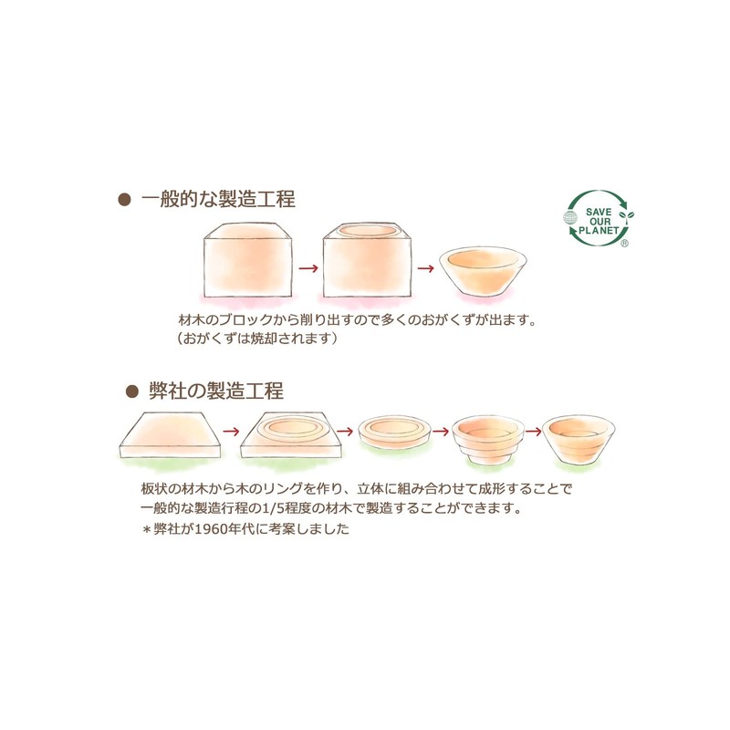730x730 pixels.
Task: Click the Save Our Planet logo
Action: [x=599, y=220]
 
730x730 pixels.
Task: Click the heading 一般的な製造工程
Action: [x=218, y=199]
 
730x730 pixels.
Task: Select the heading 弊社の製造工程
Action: [x=216, y=391]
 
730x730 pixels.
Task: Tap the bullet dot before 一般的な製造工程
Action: [x=125, y=200]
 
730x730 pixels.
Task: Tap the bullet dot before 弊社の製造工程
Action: [x=130, y=391]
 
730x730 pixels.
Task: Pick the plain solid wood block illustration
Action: [x=249, y=262]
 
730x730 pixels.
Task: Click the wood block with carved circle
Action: [x=368, y=262]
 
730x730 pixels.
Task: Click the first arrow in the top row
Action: [x=308, y=268]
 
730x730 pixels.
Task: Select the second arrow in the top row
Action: [x=424, y=268]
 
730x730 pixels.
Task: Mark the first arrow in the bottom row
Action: [x=231, y=429]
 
